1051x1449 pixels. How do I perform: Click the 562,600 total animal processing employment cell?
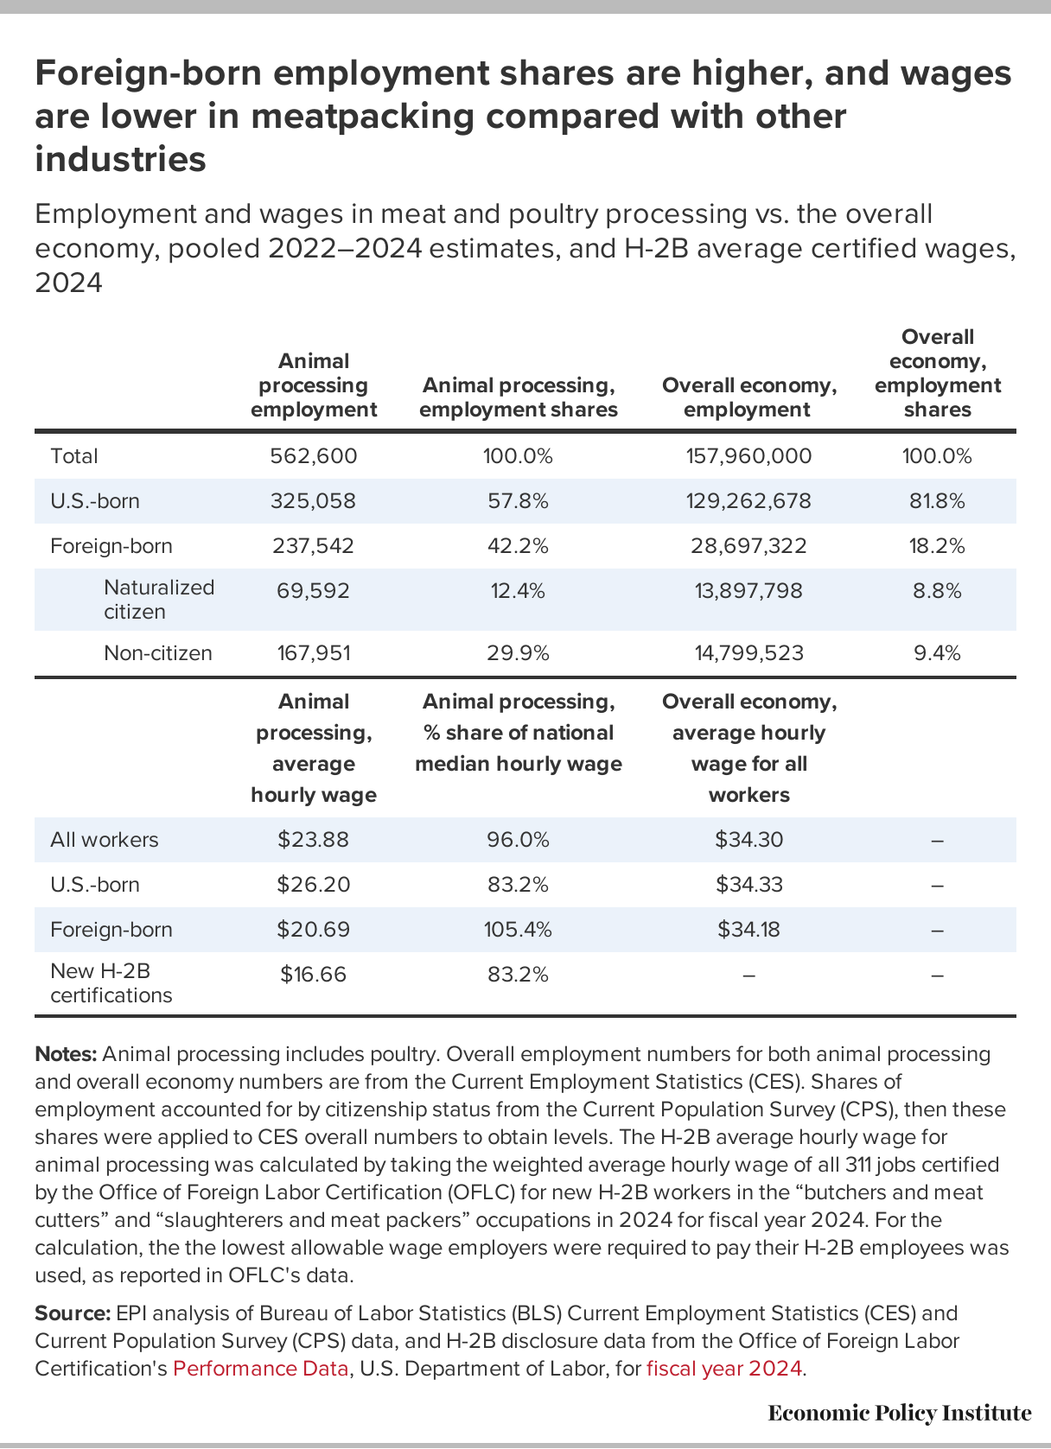pos(313,456)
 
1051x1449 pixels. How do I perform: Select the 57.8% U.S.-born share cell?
pos(518,501)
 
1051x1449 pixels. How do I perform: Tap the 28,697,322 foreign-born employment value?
pos(748,546)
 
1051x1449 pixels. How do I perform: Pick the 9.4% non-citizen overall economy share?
pos(937,653)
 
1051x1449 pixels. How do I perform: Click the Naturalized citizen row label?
pos(158,600)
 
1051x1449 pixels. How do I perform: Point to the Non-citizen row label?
pos(157,653)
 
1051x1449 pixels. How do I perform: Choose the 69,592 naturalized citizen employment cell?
pos(313,591)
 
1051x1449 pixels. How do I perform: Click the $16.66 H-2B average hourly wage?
pos(313,975)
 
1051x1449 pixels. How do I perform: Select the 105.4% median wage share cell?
pos(518,930)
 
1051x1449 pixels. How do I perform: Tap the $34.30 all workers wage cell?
pos(748,840)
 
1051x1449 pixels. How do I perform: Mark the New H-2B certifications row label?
pos(111,983)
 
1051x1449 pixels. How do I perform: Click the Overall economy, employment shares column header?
pos(937,373)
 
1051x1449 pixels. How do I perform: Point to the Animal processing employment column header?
pos(313,385)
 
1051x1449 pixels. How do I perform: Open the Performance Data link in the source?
pos(261,1369)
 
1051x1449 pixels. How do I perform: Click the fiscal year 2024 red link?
pos(724,1369)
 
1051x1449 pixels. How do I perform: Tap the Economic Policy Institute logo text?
pos(899,1414)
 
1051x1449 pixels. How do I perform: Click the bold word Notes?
pos(66,1054)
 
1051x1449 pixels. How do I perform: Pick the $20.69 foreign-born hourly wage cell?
pos(313,930)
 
